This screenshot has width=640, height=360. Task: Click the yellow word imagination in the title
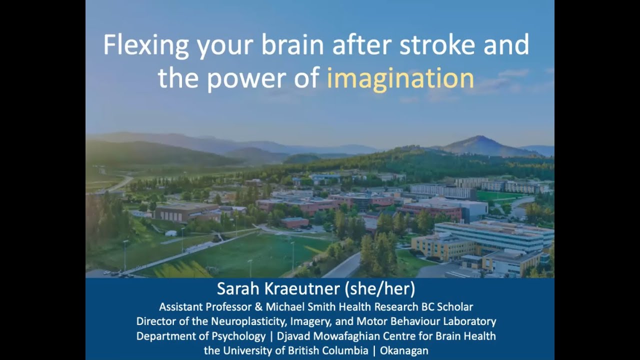(400, 78)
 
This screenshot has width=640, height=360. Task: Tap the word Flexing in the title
(146, 45)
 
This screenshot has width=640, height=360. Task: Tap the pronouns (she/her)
(389, 288)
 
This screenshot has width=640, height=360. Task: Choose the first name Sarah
(237, 288)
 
